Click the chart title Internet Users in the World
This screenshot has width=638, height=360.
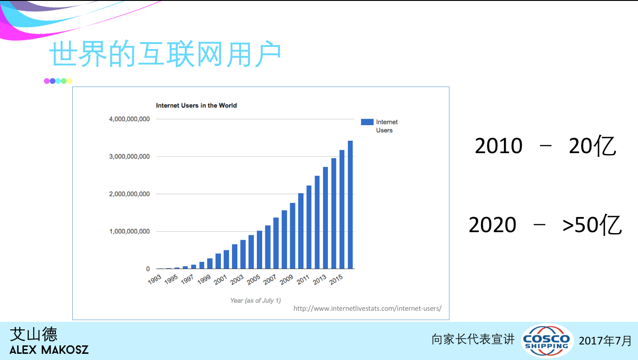pos(196,106)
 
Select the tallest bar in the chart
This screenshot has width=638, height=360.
pos(350,205)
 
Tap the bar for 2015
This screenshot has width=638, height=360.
pos(342,209)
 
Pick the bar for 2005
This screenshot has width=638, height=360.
pos(259,249)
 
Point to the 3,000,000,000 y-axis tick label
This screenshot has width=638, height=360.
pos(129,157)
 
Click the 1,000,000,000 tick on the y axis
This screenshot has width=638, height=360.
pos(129,231)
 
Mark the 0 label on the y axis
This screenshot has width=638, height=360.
pos(148,269)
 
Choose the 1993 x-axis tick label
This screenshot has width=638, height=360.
pos(154,279)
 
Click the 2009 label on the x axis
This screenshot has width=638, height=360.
pos(286,279)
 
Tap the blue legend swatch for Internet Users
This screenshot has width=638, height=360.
pos(367,122)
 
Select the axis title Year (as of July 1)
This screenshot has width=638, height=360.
pos(256,301)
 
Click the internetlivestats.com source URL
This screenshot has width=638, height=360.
pos(367,309)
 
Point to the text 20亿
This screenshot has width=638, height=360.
pos(592,146)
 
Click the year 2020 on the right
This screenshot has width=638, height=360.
pos(492,225)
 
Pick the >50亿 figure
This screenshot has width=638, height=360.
pos(592,225)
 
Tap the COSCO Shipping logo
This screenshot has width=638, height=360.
pos(547,340)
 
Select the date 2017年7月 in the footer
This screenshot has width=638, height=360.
pos(605,341)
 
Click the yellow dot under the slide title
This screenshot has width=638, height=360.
pos(69,81)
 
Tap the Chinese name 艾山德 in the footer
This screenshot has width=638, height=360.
pos(34,334)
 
